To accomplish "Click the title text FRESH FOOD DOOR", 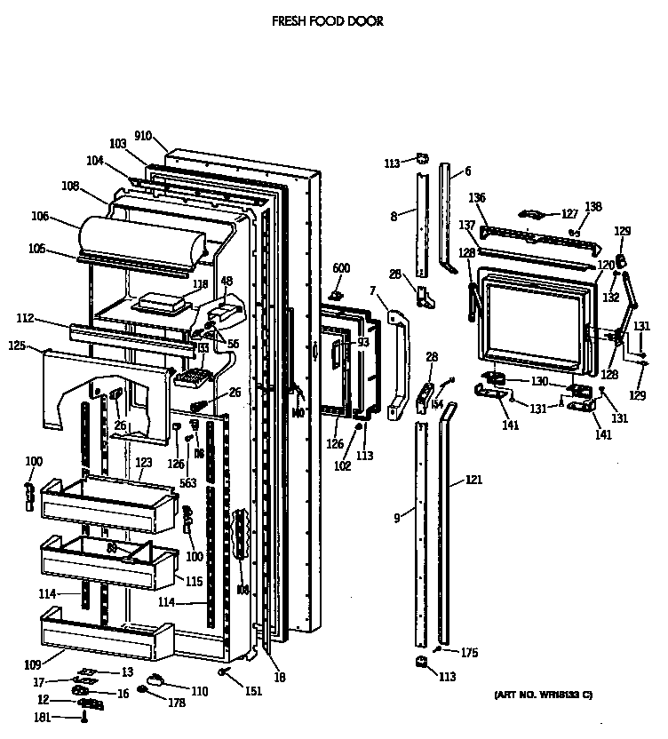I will point(328,20).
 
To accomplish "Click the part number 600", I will point(341,268).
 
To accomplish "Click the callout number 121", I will point(473,481).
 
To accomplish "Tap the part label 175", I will point(469,653).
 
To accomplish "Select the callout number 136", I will point(477,197).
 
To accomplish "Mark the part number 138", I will point(592,207).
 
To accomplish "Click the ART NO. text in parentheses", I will point(543,694).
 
